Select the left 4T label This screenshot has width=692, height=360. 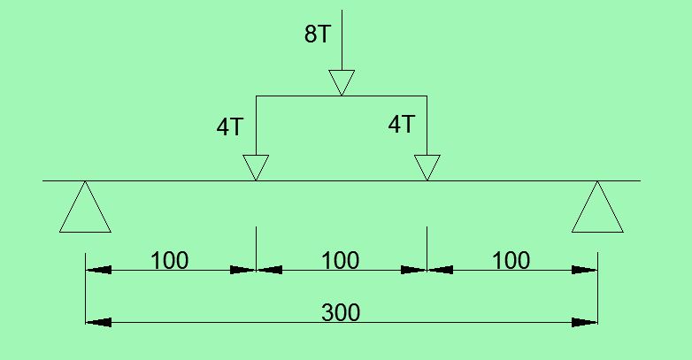click(x=230, y=126)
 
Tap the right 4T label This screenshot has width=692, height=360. click(x=401, y=125)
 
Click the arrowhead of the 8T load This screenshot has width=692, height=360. click(x=342, y=82)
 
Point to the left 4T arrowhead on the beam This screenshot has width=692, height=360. click(x=256, y=168)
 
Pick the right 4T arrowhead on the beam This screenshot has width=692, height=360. click(x=427, y=168)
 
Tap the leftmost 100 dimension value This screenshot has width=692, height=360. click(x=169, y=261)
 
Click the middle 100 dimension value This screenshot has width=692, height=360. click(x=341, y=261)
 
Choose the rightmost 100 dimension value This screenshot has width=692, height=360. click(x=511, y=261)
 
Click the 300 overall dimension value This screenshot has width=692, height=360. click(x=341, y=312)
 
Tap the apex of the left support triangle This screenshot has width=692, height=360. click(x=85, y=182)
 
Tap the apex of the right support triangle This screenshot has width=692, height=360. click(x=598, y=182)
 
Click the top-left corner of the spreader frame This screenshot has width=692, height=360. click(x=256, y=95)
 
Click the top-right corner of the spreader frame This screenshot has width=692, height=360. click(x=427, y=95)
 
